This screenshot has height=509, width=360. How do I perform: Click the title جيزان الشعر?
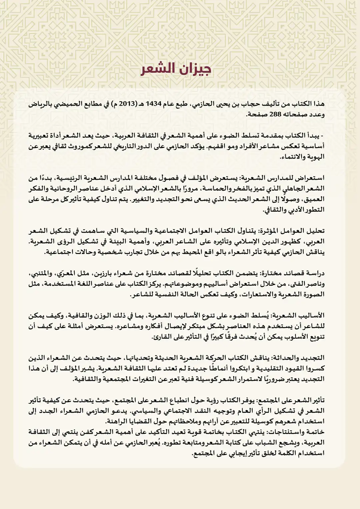[x=176, y=69]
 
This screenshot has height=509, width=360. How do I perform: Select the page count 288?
[x=273, y=114]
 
